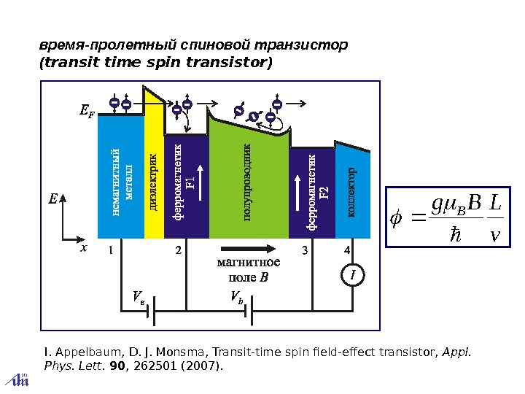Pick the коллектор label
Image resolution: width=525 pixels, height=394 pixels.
(351, 193)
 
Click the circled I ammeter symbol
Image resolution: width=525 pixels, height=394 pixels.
(352, 277)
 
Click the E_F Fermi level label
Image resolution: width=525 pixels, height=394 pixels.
(86, 112)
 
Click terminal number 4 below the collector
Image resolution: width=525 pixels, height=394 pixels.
(348, 250)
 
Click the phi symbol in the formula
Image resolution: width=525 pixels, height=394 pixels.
(397, 218)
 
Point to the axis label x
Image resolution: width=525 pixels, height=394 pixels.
(84, 248)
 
